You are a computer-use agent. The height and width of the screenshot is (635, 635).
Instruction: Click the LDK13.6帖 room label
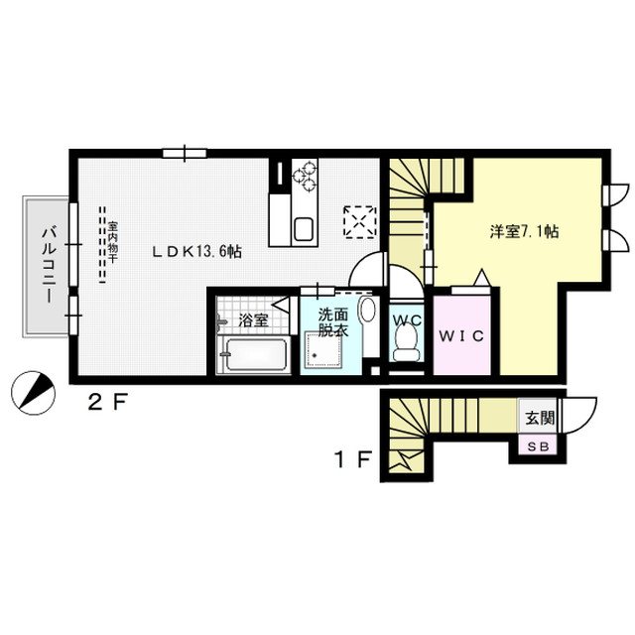click(x=196, y=252)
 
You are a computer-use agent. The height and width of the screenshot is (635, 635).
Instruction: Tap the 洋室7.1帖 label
click(x=524, y=231)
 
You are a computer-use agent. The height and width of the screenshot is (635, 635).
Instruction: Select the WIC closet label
click(x=461, y=335)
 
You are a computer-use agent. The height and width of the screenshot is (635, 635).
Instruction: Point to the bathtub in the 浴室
click(x=254, y=354)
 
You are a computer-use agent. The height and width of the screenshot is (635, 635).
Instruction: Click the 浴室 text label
click(x=254, y=321)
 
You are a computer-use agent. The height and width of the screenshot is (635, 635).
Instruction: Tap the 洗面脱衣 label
click(x=333, y=322)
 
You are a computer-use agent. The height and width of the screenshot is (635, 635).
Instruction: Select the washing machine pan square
click(x=323, y=349)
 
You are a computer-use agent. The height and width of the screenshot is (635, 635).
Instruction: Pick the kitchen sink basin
click(x=304, y=229)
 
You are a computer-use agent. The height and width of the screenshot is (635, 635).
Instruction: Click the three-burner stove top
click(x=305, y=176)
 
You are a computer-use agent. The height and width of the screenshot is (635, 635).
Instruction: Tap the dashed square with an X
click(x=359, y=220)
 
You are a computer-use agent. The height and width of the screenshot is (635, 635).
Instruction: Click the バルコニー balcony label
click(x=49, y=265)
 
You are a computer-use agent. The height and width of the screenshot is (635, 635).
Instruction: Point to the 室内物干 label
click(x=112, y=242)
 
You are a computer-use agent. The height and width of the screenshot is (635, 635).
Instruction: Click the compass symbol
click(x=33, y=393)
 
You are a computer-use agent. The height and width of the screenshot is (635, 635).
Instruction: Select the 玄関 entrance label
click(x=540, y=418)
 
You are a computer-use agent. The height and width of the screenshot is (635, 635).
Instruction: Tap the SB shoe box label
click(x=538, y=446)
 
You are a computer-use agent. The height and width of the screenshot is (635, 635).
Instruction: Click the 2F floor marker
click(x=108, y=403)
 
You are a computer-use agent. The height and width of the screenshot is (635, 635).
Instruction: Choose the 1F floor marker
click(x=352, y=459)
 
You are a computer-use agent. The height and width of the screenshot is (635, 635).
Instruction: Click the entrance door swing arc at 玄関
click(x=588, y=422)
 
